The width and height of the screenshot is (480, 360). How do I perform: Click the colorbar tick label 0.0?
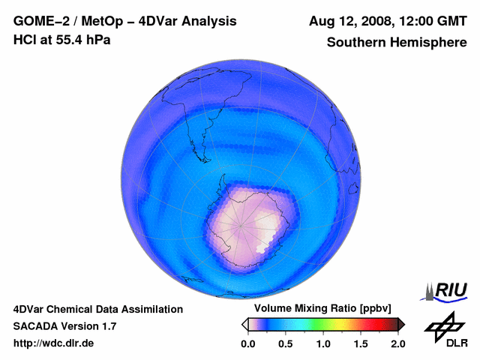[x=247, y=343]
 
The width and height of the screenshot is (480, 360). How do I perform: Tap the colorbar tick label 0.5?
[x=286, y=343]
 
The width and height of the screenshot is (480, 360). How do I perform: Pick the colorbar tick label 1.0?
[x=323, y=343]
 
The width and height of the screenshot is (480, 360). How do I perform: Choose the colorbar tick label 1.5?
[x=361, y=343]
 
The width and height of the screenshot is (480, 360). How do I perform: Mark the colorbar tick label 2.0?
[x=397, y=343]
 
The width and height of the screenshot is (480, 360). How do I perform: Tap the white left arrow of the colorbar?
[x=244, y=324]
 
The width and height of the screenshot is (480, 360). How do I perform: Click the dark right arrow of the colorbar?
[x=401, y=324]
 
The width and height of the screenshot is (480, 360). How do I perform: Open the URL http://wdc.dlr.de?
[x=54, y=343]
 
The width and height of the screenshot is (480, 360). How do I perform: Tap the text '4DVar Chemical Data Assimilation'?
[x=98, y=309]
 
